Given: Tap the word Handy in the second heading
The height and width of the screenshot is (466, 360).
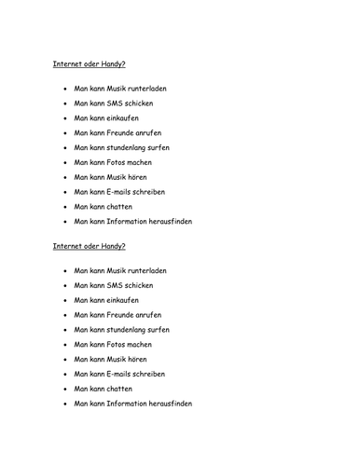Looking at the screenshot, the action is (x=110, y=246).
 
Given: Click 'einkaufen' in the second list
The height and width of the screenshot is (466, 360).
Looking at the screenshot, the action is (x=126, y=300).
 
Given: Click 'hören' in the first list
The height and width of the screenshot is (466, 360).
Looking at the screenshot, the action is (x=144, y=176).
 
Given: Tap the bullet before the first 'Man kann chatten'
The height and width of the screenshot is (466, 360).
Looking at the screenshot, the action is (x=63, y=206).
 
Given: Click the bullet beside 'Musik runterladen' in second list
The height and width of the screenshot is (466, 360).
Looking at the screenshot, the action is (x=63, y=271).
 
